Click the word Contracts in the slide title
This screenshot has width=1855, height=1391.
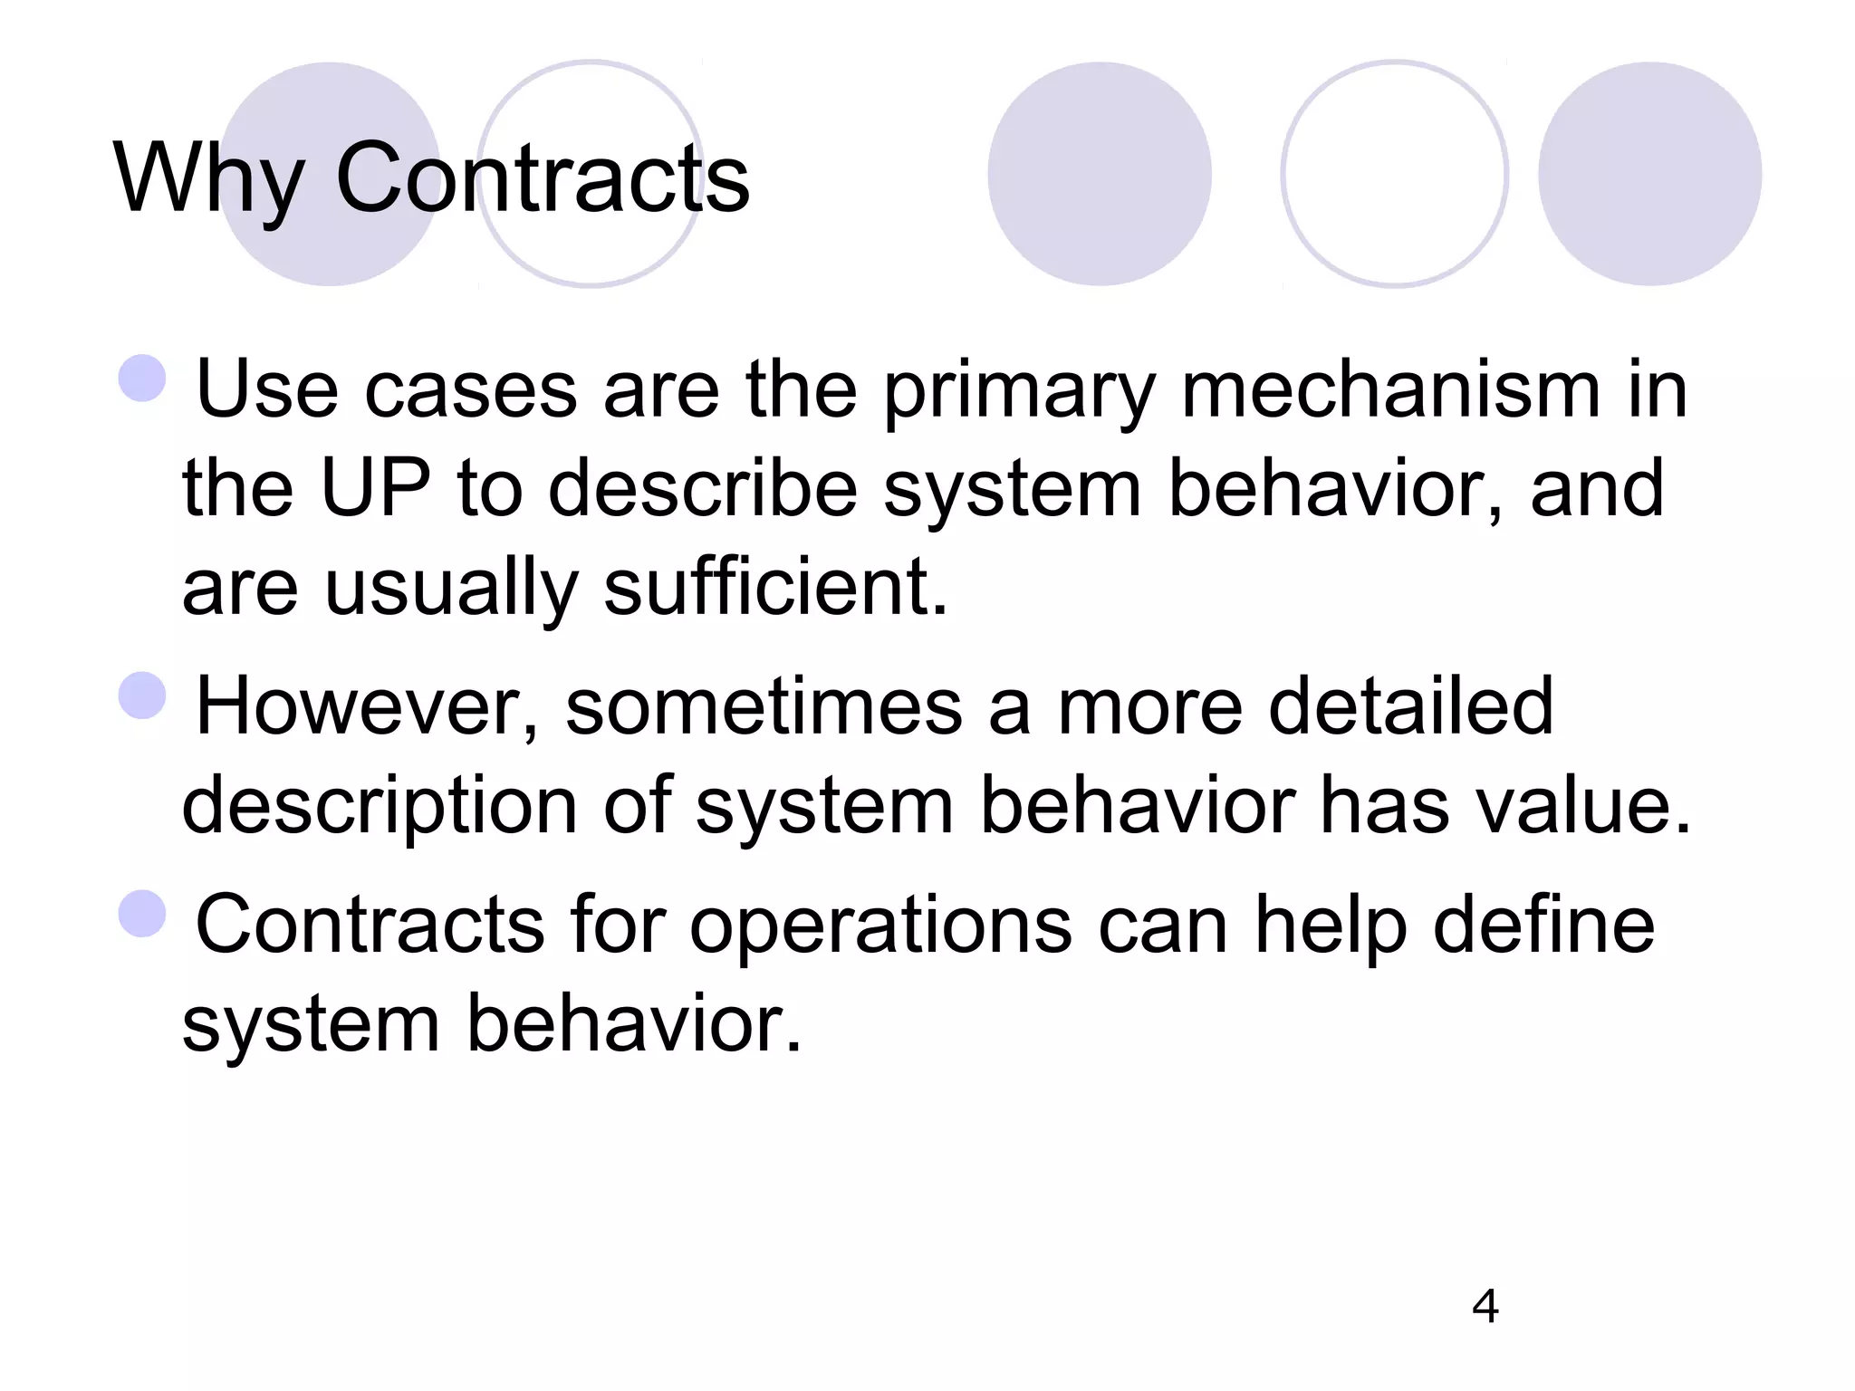[x=543, y=179]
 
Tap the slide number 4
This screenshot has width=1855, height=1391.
[x=1485, y=1306]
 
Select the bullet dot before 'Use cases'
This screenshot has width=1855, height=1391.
[x=143, y=378]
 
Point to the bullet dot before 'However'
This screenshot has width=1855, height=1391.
[x=143, y=695]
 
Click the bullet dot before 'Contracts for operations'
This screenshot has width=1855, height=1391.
[x=143, y=913]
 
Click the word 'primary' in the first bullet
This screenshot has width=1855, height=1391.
[x=1019, y=391]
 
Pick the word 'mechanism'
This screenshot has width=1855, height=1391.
[x=1390, y=391]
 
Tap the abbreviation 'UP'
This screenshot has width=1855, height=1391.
[x=375, y=489]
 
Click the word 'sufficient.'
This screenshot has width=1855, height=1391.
[x=775, y=588]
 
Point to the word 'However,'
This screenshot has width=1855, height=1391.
[x=367, y=707]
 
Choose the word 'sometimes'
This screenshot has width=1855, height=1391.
[x=764, y=707]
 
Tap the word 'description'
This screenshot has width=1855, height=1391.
[x=380, y=807]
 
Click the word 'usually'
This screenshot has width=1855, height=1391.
[x=452, y=588]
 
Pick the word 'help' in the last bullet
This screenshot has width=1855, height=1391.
[x=1331, y=926]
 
